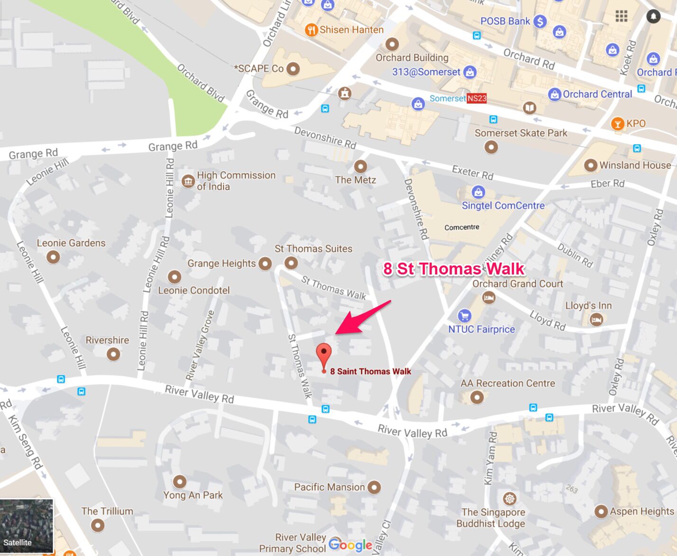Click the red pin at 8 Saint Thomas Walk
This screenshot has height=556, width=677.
(324, 354)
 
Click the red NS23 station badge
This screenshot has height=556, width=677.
(476, 98)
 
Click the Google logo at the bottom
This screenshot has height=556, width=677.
(350, 545)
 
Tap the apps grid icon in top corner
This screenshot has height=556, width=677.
(621, 17)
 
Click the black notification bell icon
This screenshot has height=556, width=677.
(653, 17)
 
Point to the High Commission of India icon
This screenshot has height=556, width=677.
(188, 181)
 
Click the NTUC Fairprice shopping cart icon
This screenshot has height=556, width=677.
(464, 316)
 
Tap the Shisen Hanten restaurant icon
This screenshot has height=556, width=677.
(311, 30)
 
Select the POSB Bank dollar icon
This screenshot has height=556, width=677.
(540, 21)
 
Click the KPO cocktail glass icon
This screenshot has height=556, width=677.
(617, 124)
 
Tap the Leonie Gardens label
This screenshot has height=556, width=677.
(71, 243)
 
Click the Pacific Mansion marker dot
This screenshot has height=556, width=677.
(374, 487)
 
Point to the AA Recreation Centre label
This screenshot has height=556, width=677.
(508, 383)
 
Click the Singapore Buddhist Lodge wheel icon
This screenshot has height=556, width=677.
(509, 499)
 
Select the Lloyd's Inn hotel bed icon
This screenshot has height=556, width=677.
(596, 319)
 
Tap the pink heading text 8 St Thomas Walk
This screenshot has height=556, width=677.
(454, 269)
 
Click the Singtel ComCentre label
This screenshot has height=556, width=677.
(503, 206)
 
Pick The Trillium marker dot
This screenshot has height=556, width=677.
(98, 525)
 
